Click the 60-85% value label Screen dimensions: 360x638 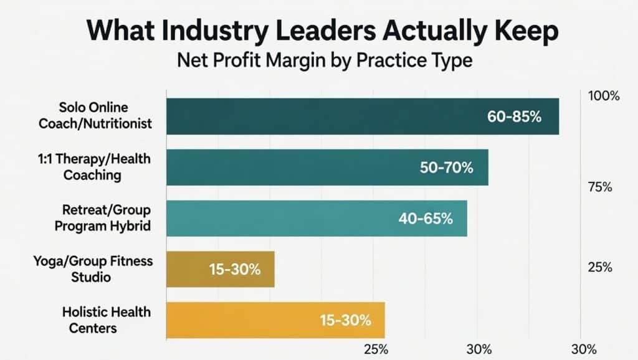pos(514,116)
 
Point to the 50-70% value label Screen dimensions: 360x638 pos(447,168)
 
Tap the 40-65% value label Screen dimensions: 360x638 pos(425,219)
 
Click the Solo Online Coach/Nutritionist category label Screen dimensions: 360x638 pos(95,116)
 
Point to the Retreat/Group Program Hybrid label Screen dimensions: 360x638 pos(103,218)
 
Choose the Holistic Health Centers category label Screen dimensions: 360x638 pos(106,320)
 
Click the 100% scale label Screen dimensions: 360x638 pos(603,97)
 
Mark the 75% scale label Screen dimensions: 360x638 pos(601,187)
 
